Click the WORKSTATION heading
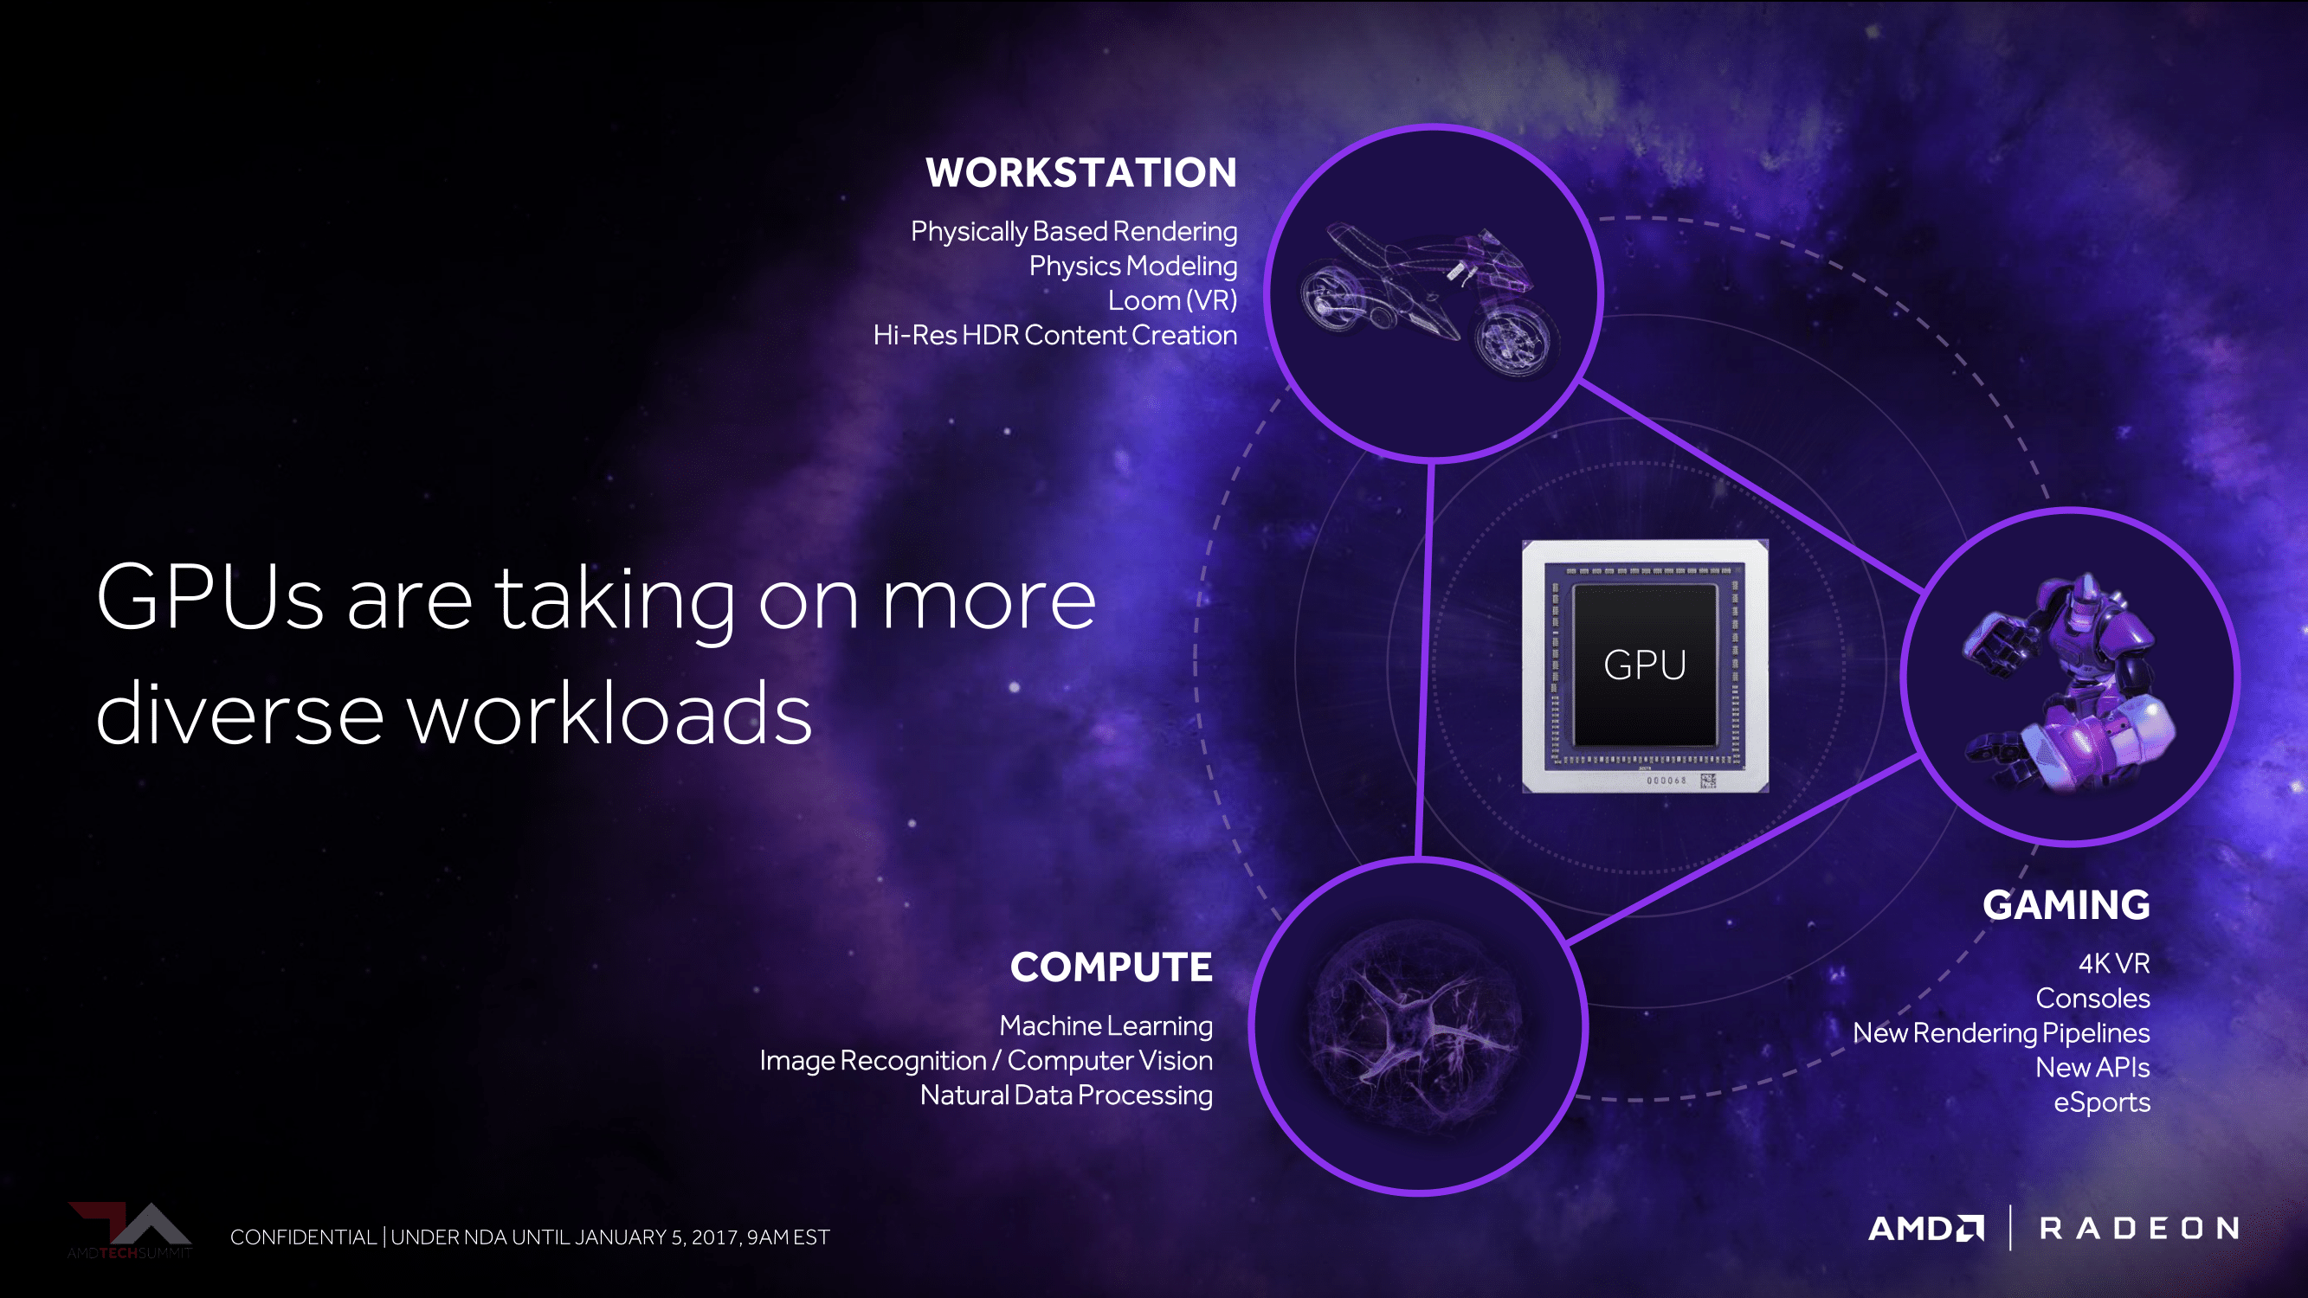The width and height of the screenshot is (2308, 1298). coord(1080,173)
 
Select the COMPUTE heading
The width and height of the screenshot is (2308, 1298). coord(1111,967)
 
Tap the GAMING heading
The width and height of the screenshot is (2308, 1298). coord(2066,905)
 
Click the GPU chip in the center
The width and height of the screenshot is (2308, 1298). coord(1645,665)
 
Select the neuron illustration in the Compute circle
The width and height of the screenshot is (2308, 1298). coord(1415,1025)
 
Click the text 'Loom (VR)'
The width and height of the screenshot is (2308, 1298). coord(1172,301)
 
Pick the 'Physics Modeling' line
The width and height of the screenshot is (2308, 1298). coord(1132,266)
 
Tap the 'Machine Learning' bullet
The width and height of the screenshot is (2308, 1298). coord(1106,1025)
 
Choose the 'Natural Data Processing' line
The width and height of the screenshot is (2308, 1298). coord(1067,1096)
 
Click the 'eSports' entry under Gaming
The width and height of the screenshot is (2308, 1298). coord(2102,1102)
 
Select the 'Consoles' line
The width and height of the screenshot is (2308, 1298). coord(2093,998)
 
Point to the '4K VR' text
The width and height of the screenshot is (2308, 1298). coord(2114,964)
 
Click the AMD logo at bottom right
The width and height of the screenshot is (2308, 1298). coord(1926,1228)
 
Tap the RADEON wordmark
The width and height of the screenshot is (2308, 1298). coord(2139,1228)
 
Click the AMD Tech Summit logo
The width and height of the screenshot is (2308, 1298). coord(130,1231)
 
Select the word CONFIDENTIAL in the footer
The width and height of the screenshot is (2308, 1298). coord(304,1237)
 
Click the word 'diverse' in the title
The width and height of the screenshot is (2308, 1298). coord(240,714)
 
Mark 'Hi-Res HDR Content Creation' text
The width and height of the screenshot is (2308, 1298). coord(1055,336)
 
